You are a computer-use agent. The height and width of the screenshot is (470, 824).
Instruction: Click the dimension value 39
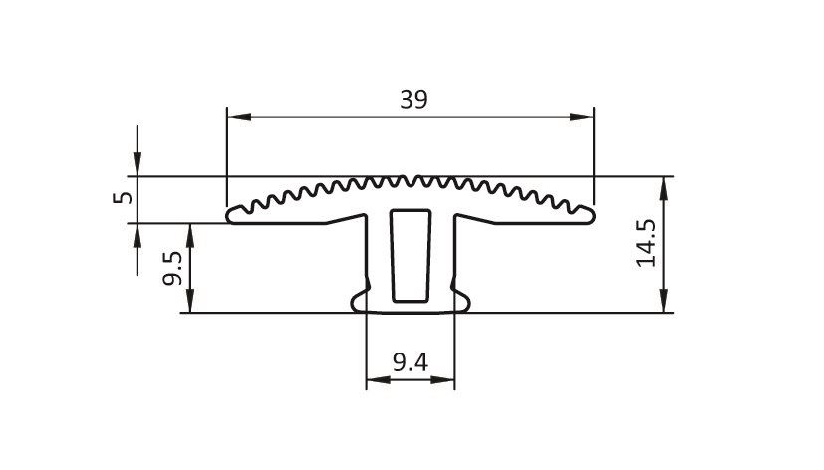click(414, 99)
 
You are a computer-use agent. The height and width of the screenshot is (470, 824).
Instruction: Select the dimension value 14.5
click(647, 243)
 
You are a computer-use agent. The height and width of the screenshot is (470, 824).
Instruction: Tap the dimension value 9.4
click(411, 362)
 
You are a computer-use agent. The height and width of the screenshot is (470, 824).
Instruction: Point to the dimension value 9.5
click(172, 268)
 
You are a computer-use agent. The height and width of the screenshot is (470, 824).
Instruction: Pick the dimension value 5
click(123, 197)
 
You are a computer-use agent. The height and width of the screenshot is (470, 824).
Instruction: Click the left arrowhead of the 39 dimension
click(239, 117)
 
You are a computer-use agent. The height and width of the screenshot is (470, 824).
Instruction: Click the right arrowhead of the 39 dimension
click(582, 117)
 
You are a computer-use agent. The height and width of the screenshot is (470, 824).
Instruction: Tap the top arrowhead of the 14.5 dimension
click(664, 188)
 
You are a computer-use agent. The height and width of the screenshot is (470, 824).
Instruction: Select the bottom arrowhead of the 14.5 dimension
click(664, 301)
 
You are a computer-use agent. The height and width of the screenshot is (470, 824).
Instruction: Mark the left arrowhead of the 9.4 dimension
click(379, 379)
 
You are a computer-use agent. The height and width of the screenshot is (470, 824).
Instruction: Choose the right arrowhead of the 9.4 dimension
click(442, 379)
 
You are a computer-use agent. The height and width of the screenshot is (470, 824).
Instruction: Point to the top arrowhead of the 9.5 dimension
click(190, 236)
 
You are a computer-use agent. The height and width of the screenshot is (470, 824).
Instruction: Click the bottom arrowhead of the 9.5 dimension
click(190, 301)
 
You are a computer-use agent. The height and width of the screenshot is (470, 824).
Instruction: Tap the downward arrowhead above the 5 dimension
click(137, 164)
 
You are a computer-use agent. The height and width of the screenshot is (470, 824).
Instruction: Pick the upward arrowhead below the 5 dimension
click(137, 236)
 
